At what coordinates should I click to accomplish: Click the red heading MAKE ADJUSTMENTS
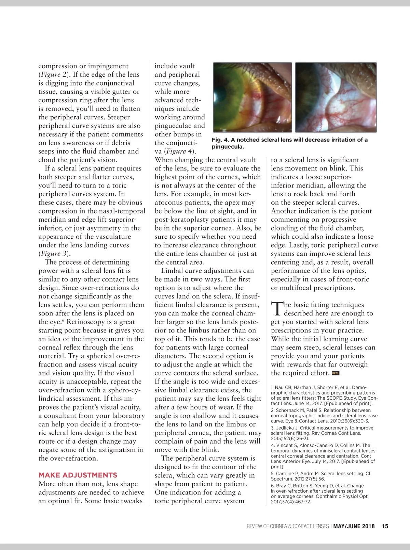point(78,475)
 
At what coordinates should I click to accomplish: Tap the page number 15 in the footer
point(385,526)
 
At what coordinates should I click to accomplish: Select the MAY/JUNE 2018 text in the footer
point(354,526)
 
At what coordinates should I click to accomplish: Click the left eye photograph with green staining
point(252,97)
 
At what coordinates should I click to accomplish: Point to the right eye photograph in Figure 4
point(336,97)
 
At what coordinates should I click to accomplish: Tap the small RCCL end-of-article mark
point(336,373)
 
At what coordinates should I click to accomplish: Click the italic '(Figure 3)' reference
point(55,254)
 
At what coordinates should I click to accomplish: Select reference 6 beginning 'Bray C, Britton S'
point(319,493)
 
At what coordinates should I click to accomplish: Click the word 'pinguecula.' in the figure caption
point(228,147)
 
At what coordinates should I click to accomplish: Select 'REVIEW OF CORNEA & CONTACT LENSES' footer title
point(288,526)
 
